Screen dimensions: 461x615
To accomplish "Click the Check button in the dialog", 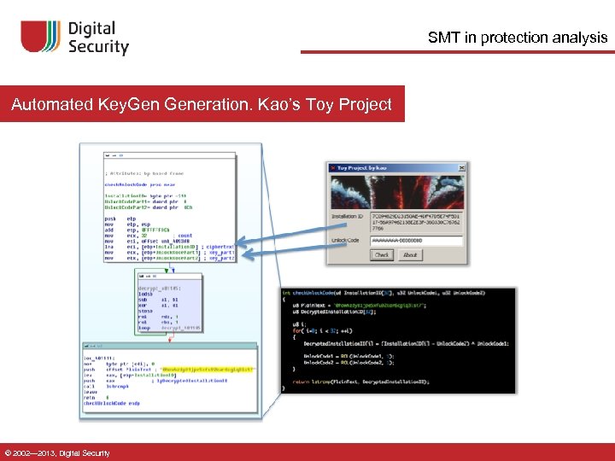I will click(x=382, y=254).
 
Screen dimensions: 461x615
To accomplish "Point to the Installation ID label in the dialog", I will click(x=350, y=217).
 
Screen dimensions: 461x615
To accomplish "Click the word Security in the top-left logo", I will click(x=98, y=48).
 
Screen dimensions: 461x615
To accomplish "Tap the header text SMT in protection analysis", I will click(x=518, y=38).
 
